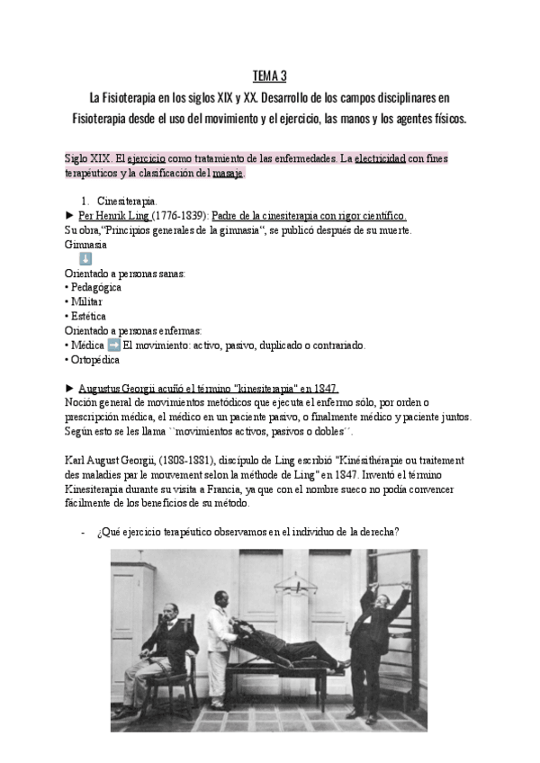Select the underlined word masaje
pos(227,172)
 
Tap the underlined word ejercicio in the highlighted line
pos(134,157)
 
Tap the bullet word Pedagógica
pos(96,288)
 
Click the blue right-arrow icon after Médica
pos(113,346)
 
